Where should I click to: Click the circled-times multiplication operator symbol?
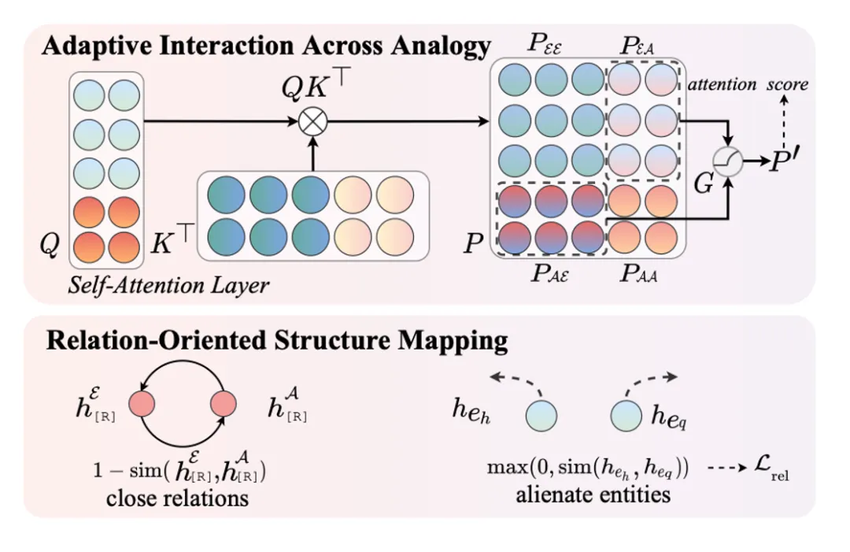coord(313,121)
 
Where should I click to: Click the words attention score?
coord(748,84)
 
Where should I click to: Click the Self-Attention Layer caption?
coord(168,284)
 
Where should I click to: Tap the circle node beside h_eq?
coord(626,413)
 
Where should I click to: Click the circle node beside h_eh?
coord(540,413)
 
